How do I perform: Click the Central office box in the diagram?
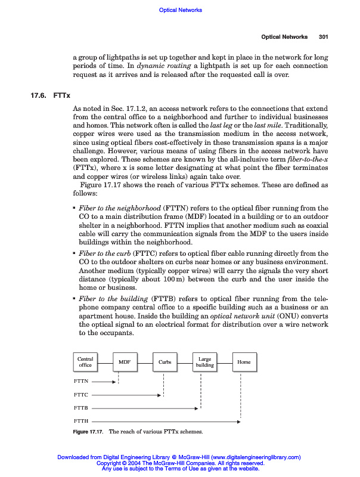click(85, 362)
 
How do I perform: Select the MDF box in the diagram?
click(125, 362)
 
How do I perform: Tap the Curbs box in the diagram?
click(165, 362)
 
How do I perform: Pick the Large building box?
click(204, 362)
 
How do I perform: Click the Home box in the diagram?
click(244, 362)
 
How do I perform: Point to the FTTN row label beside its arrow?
click(81, 381)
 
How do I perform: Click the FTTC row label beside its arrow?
click(81, 395)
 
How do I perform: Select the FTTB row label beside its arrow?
click(81, 408)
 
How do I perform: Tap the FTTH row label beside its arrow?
click(81, 422)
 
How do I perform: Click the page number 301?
click(324, 37)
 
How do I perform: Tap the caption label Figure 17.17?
click(88, 431)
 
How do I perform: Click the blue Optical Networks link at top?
click(181, 10)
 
